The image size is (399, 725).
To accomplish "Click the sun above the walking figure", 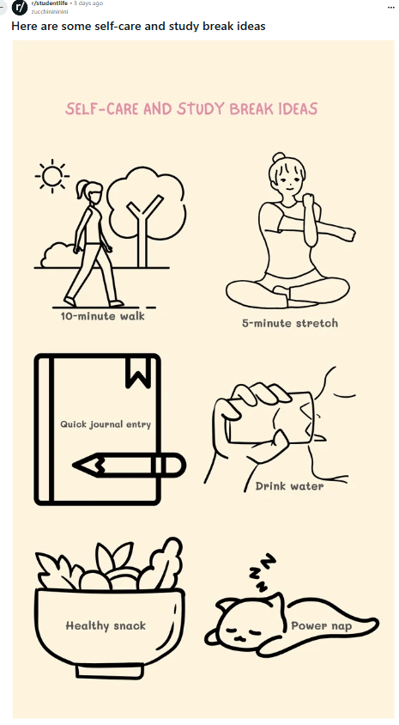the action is (51, 176).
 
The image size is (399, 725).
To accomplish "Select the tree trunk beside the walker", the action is (142, 230).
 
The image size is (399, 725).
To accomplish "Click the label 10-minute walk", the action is (102, 316).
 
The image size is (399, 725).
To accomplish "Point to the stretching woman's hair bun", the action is (279, 158).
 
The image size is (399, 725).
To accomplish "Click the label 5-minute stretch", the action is (289, 323).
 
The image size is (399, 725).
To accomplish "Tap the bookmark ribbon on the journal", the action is (138, 372).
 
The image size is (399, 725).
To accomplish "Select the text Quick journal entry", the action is (106, 424).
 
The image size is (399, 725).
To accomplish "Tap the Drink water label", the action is (289, 486).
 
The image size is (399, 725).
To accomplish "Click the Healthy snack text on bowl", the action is (106, 626).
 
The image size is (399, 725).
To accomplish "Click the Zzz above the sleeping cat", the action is (262, 572).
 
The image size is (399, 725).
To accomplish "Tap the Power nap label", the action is (321, 626).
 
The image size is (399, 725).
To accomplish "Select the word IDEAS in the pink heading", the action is (298, 109).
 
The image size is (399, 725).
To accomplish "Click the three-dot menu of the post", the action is (391, 8).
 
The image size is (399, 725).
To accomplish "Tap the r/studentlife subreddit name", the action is (49, 3).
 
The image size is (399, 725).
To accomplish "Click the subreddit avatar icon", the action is (20, 8).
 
